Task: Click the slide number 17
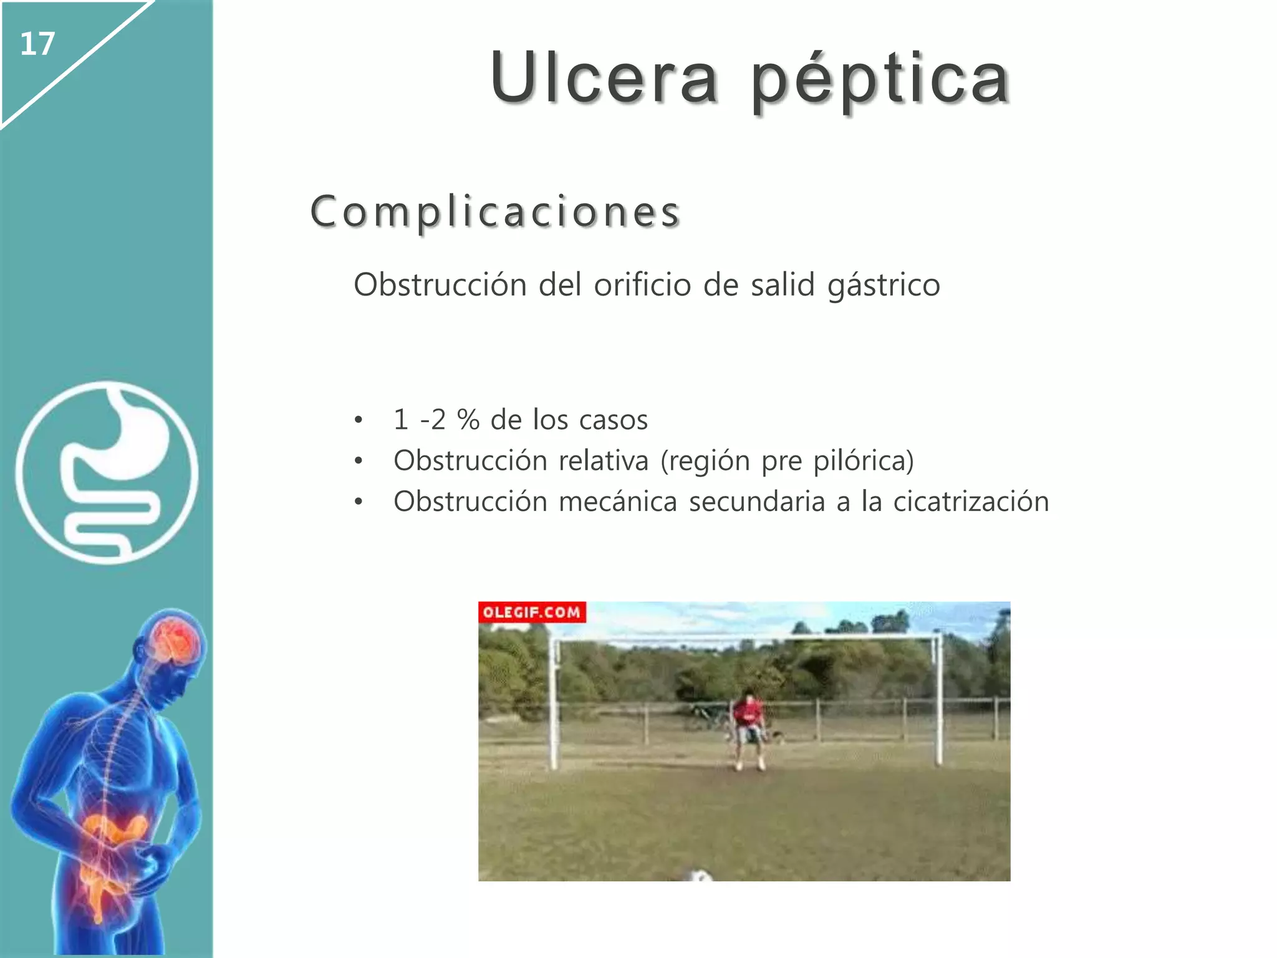point(37,44)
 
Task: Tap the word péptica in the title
point(879,81)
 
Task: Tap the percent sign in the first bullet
point(468,420)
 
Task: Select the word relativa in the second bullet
point(604,461)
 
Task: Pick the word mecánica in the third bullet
point(617,501)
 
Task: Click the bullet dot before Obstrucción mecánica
point(358,502)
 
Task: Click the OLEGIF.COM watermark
point(531,612)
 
